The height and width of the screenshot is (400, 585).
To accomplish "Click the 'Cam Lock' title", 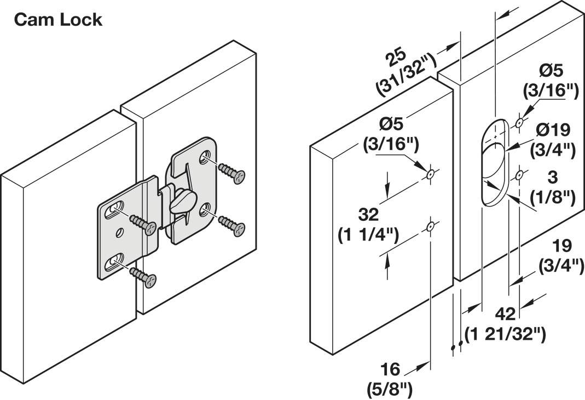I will [58, 20].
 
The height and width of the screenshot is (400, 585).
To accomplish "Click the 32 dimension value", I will [368, 214].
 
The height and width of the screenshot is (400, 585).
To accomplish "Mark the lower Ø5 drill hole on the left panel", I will [430, 226].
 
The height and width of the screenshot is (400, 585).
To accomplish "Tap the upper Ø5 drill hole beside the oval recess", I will [519, 122].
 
